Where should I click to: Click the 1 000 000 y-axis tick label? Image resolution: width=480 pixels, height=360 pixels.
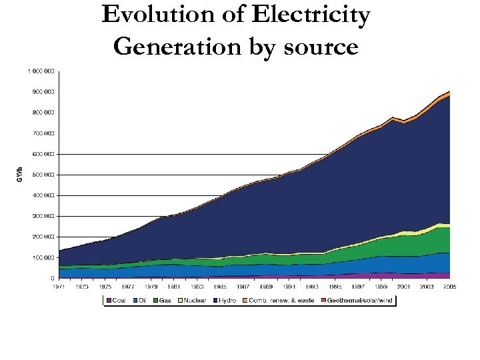(41, 71)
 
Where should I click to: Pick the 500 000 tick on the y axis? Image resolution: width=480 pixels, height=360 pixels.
(43, 175)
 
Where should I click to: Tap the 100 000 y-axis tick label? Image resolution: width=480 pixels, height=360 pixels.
(43, 257)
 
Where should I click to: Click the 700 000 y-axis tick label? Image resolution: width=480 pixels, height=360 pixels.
(43, 133)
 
